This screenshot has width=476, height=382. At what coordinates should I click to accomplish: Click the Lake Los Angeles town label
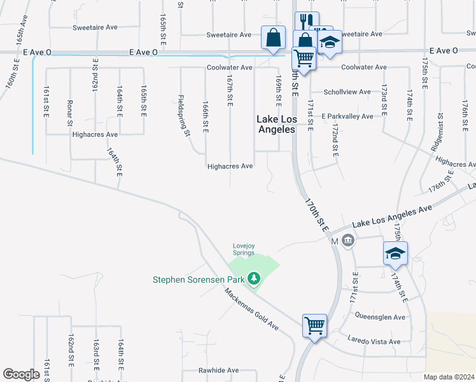(276, 124)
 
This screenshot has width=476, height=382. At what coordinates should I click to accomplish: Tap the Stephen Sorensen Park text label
(199, 279)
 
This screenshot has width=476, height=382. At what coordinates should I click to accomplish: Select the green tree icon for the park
(254, 278)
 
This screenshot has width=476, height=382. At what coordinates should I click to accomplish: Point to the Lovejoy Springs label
(243, 249)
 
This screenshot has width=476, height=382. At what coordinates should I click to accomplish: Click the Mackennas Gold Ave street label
(251, 309)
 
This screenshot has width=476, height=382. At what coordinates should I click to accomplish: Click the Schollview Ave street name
(347, 92)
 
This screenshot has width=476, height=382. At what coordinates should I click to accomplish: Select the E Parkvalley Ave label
(347, 117)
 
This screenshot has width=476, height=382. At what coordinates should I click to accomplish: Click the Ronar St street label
(70, 112)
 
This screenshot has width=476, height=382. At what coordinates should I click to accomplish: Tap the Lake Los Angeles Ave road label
(392, 215)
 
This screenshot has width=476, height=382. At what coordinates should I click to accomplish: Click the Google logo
(21, 374)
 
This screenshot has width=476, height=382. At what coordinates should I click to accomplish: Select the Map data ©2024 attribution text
(449, 376)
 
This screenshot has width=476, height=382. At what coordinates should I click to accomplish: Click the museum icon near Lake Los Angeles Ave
(347, 241)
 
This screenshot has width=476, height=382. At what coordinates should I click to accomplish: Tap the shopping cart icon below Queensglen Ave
(315, 325)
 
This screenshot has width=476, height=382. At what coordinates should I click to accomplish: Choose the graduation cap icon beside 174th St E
(395, 253)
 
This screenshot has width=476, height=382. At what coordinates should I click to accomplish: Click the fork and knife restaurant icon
(307, 22)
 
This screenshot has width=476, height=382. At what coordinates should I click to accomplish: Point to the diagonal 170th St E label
(316, 215)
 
